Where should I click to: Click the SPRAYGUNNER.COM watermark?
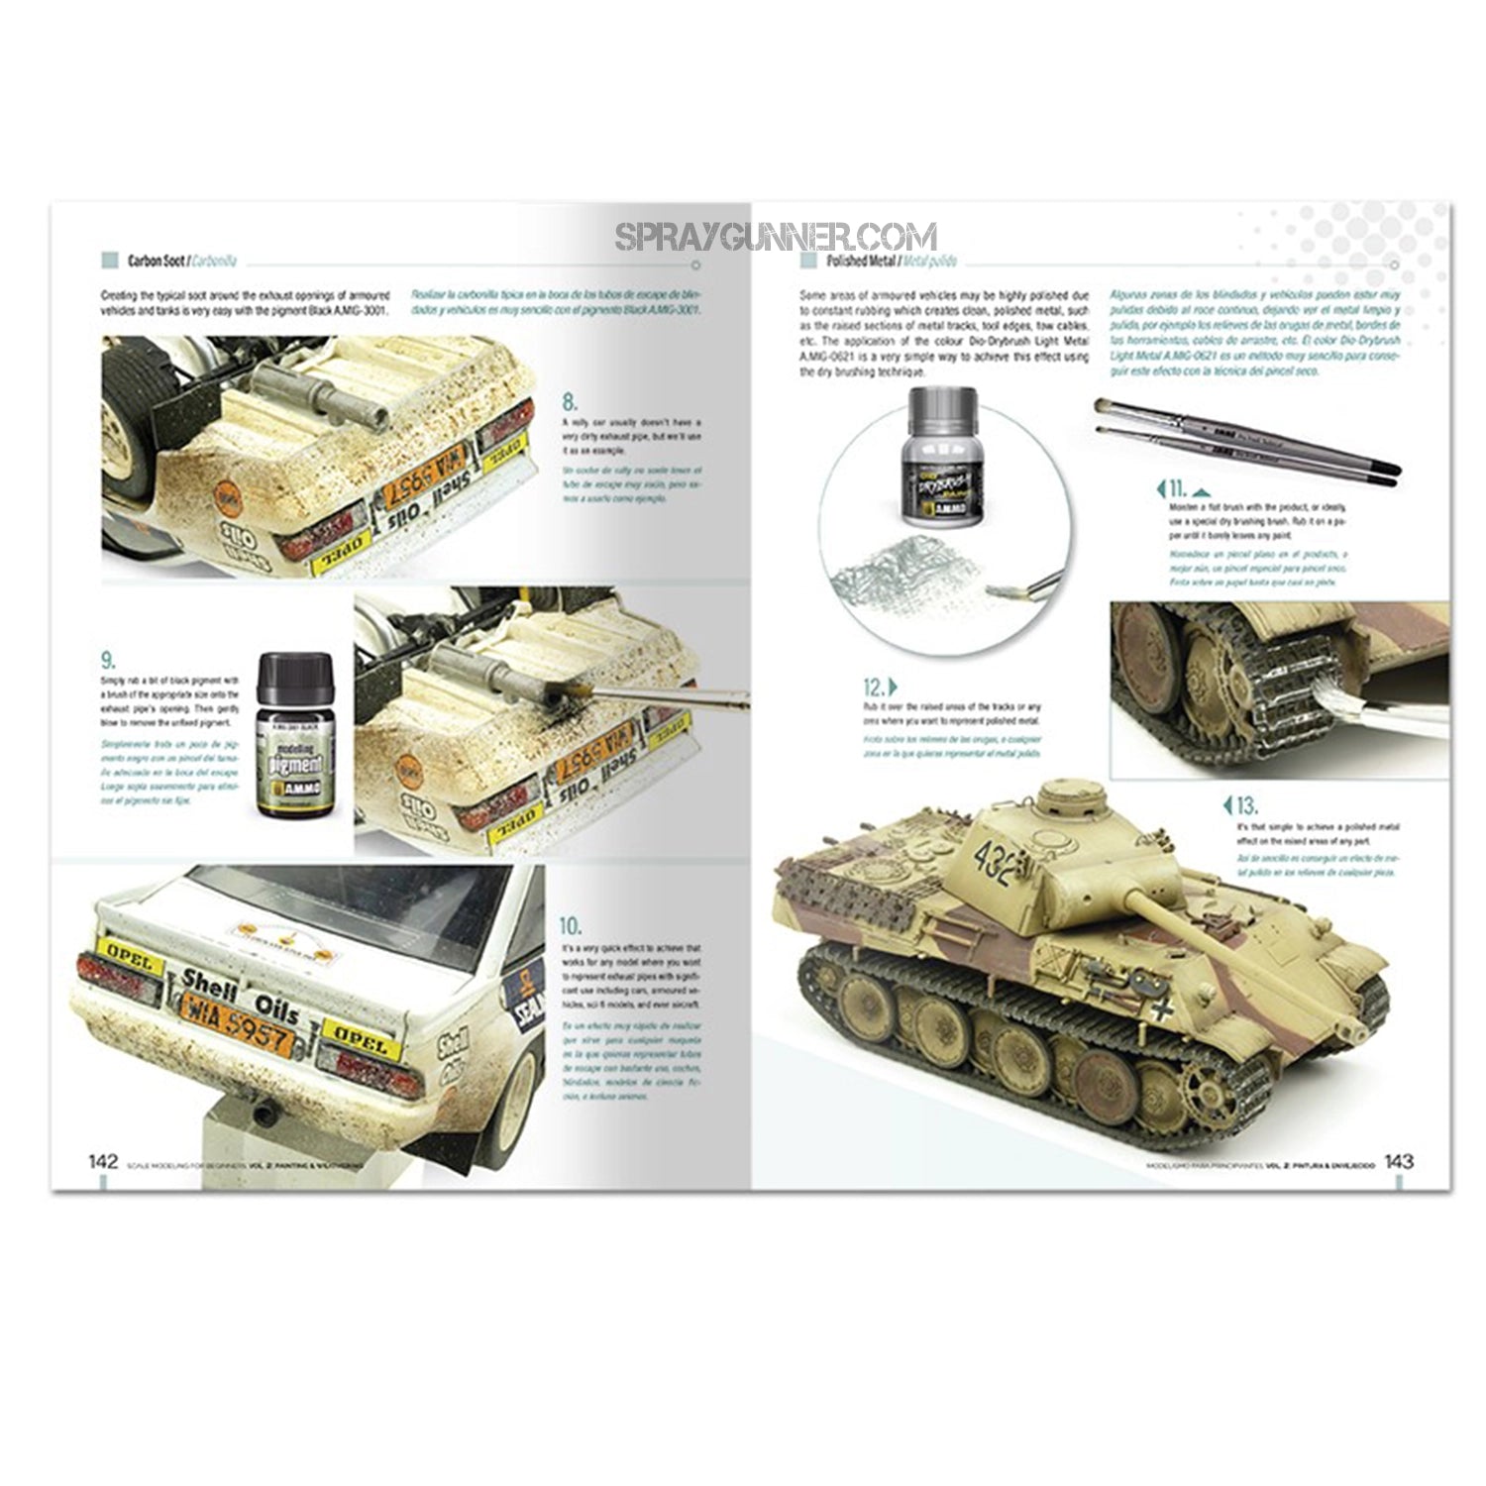775,237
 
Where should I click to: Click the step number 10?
571,925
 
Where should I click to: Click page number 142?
104,1160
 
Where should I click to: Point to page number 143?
1398,1160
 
